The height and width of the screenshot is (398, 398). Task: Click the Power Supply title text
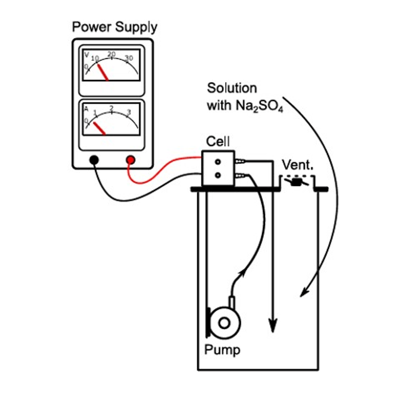[115, 26]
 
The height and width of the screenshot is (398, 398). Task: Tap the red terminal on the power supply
[130, 160]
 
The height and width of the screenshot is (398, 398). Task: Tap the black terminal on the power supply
[94, 160]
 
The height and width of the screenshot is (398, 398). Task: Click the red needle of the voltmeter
[103, 73]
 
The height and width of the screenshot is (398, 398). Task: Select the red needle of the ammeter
[99, 128]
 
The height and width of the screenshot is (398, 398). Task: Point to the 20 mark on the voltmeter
[112, 54]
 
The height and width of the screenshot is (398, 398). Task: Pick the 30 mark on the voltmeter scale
[128, 58]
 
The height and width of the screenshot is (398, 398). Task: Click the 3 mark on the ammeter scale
[128, 112]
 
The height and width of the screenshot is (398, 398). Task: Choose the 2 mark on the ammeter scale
[112, 108]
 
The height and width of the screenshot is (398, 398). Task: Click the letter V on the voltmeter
[87, 54]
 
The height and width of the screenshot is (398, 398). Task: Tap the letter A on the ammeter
[87, 108]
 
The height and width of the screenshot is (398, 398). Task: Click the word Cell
[217, 142]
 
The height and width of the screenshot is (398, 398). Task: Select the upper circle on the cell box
[217, 161]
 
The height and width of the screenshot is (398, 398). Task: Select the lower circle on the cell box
[217, 174]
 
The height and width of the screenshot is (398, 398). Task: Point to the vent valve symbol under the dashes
[297, 182]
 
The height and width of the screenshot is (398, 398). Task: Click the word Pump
[222, 349]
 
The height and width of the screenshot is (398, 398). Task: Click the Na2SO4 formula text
[252, 105]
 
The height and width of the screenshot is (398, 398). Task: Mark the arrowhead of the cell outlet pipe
[272, 325]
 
